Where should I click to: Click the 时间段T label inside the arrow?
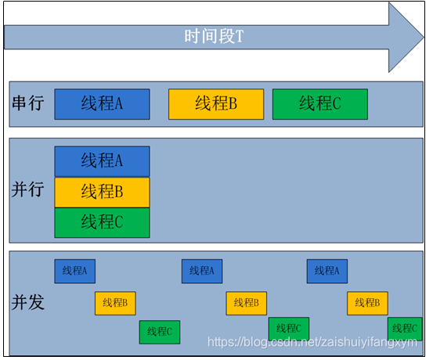[214, 36]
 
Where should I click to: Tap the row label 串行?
[28, 103]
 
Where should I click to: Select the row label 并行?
[28, 189]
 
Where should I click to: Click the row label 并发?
[28, 303]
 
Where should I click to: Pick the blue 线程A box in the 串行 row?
[102, 104]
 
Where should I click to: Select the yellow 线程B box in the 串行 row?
[216, 104]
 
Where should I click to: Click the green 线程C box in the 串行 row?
[319, 104]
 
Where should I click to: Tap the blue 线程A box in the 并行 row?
[102, 161]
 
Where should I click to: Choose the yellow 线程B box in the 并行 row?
[102, 192]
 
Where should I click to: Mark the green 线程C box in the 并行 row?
[102, 222]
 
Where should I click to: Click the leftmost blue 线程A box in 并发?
[74, 271]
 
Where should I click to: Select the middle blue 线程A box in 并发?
[202, 271]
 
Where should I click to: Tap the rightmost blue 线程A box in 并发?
[327, 271]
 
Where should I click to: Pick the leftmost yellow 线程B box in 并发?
[116, 303]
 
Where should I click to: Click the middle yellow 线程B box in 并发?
[247, 303]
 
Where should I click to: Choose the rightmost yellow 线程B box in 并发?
[368, 303]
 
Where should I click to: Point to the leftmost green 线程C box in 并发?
[160, 332]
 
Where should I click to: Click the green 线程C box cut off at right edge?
[405, 328]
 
